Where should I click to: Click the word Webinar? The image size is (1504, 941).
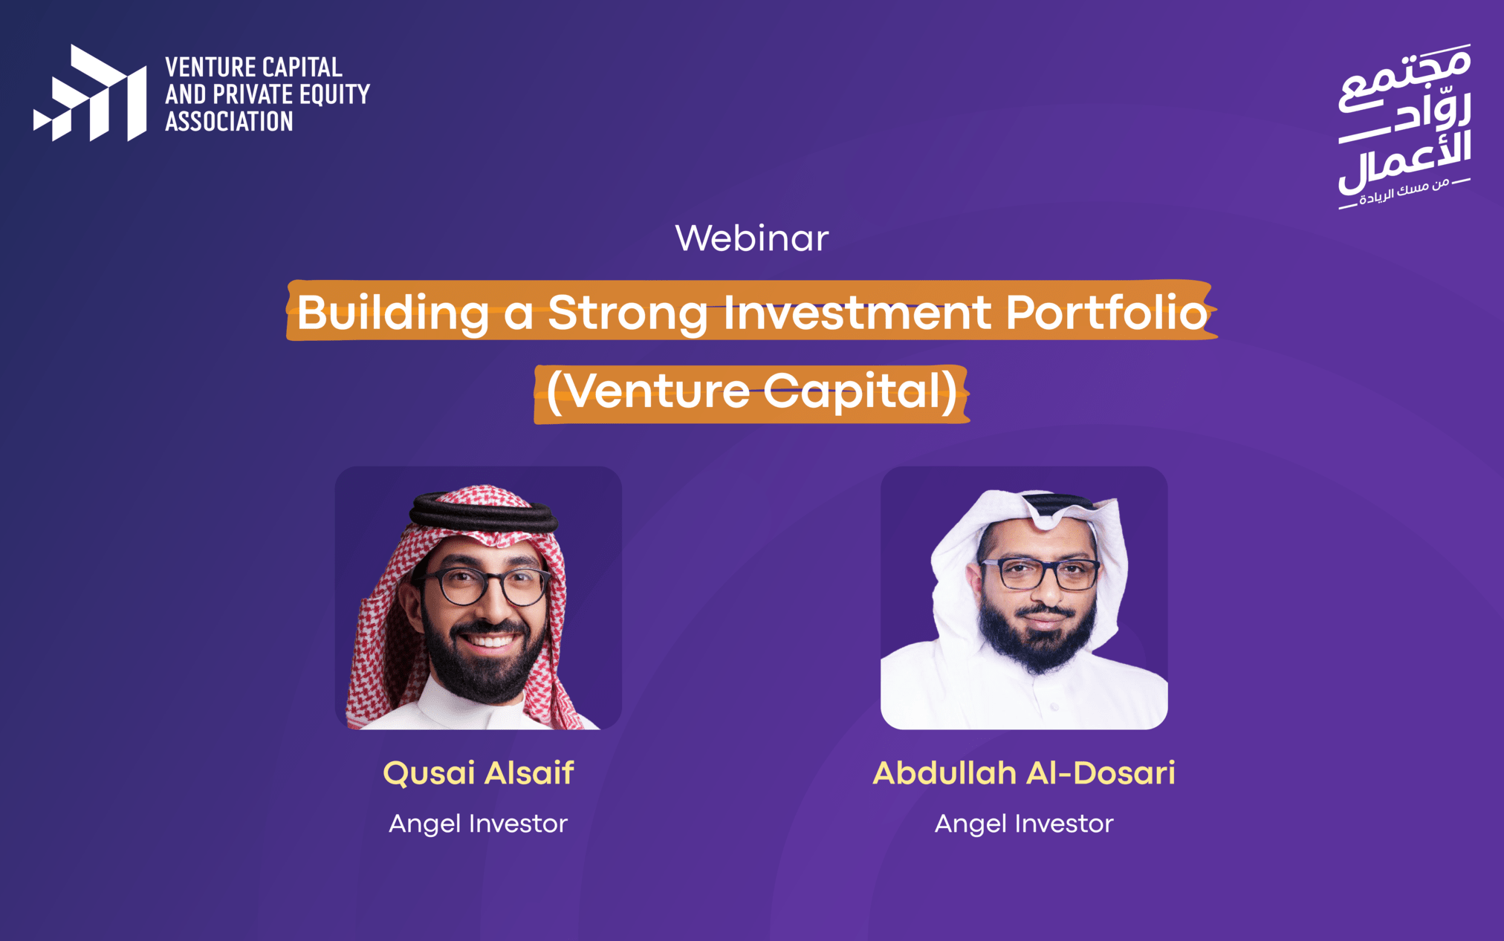point(751,238)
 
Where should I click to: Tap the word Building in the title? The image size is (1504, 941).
point(393,313)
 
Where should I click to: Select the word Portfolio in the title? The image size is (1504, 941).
point(1106,312)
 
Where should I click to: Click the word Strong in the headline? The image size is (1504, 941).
point(628,313)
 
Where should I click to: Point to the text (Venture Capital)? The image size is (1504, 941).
point(751,391)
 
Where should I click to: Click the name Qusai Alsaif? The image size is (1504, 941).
point(479,773)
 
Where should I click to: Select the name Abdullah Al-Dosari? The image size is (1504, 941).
point(1024,773)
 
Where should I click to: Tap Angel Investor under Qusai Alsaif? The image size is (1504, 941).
point(478,824)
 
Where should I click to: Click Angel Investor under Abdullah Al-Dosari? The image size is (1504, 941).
point(1024,824)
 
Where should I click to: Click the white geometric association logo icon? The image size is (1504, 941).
point(90,93)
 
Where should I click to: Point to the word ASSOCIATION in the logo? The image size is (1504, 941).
point(229,121)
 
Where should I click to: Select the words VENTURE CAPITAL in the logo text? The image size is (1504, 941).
point(253,68)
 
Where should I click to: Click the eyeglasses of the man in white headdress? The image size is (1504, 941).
point(1039,573)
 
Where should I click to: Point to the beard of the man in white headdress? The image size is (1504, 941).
point(1037,636)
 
